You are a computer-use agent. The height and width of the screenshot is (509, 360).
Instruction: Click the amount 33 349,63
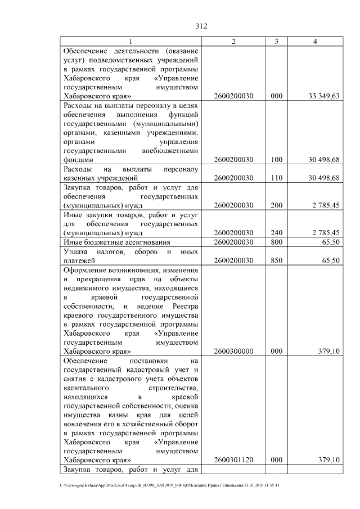324,96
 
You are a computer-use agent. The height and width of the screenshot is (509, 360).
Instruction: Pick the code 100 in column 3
276,160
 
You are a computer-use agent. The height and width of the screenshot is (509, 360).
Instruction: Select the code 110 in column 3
276,178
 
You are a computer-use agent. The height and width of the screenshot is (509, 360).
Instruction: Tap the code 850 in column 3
276,260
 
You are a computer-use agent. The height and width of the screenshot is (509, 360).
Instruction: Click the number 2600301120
234,460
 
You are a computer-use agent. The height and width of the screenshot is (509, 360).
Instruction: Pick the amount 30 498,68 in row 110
324,178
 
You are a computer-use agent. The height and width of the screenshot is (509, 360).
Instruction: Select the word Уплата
77,251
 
